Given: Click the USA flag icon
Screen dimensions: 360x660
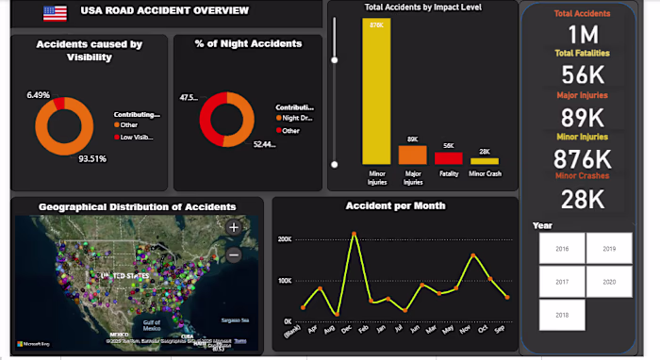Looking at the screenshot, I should (56, 13).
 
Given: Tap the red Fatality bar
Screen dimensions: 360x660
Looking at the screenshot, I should (448, 158).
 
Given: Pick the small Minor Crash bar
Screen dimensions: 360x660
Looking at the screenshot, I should (485, 161).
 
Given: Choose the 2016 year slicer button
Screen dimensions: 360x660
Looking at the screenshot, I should (561, 249).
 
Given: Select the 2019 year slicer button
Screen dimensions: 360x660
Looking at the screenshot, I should (608, 249).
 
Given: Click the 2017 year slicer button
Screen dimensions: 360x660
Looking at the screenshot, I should (561, 282).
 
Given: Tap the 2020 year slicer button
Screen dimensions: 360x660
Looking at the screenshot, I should (608, 282).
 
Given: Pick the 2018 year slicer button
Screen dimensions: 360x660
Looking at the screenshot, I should (561, 315).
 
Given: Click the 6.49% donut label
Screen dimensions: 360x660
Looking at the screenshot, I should (39, 95).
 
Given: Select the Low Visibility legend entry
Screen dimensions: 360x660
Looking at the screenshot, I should (134, 136).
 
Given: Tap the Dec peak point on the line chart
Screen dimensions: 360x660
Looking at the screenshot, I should (354, 233).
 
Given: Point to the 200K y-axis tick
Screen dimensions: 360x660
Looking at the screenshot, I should (284, 239).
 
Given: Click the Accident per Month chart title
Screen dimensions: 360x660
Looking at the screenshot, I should (395, 205).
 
